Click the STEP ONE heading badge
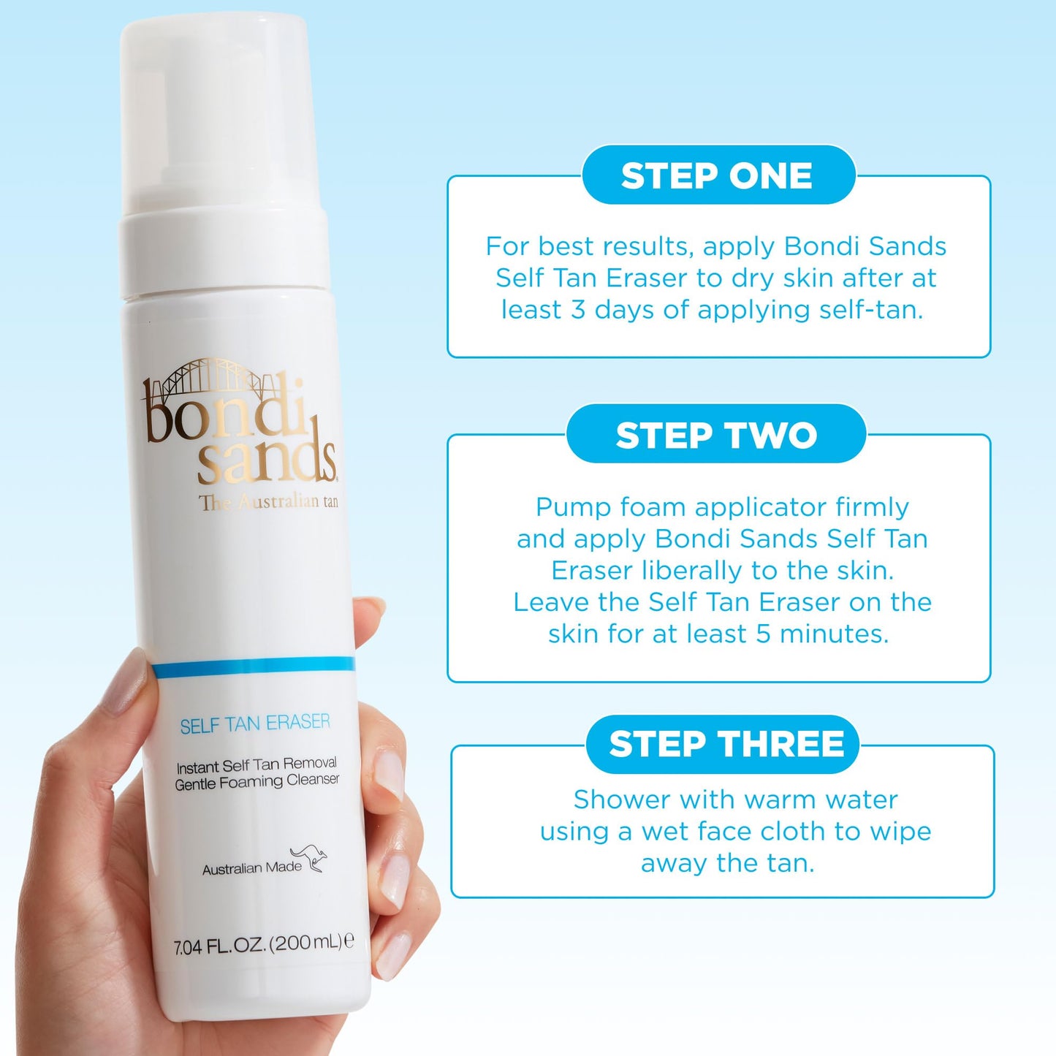717,176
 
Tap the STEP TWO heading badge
716,436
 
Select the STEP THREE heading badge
726,745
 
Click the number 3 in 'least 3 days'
577,310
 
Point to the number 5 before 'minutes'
763,634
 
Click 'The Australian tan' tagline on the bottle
269,502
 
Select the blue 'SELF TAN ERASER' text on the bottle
255,724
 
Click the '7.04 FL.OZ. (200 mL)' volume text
263,944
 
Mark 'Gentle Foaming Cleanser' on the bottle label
257,782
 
